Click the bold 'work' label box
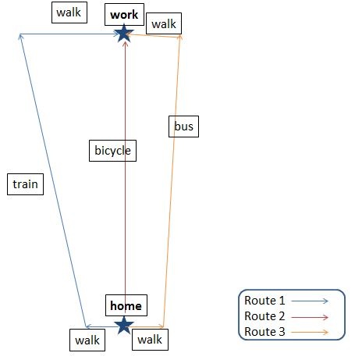click(x=124, y=15)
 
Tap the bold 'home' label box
click(x=126, y=305)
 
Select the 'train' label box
click(x=25, y=184)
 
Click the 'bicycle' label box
click(x=112, y=151)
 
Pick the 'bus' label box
click(x=183, y=127)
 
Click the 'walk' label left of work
click(x=69, y=12)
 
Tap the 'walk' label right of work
click(x=164, y=23)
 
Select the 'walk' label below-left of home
click(x=87, y=340)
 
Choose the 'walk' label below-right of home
click(x=150, y=340)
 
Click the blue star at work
click(x=124, y=34)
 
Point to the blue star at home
click(x=124, y=326)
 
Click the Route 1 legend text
click(x=264, y=301)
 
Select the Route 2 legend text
click(x=264, y=316)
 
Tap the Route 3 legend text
click(x=264, y=332)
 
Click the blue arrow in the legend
click(x=310, y=301)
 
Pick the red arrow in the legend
click(x=310, y=317)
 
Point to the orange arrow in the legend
click(x=310, y=332)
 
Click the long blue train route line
click(x=53, y=180)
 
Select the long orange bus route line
click(x=172, y=181)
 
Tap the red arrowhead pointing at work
click(x=125, y=44)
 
